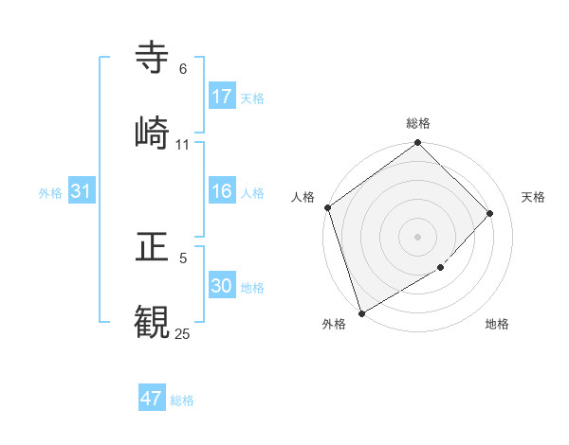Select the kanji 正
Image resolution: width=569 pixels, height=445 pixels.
pyautogui.click(x=153, y=247)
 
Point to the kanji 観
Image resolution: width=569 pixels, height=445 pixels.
pyautogui.click(x=153, y=320)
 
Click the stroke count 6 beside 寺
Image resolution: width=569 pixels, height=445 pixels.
pyautogui.click(x=183, y=69)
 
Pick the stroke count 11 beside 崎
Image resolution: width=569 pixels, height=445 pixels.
pyautogui.click(x=183, y=144)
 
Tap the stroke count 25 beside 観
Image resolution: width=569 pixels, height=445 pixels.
pyautogui.click(x=183, y=333)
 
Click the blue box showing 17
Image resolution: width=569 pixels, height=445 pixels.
pyautogui.click(x=222, y=97)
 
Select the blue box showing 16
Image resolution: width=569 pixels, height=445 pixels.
pyautogui.click(x=222, y=191)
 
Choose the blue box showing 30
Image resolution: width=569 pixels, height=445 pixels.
pyautogui.click(x=222, y=286)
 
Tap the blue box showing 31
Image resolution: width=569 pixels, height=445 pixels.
pyautogui.click(x=82, y=191)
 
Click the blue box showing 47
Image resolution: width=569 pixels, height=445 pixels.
pyautogui.click(x=152, y=399)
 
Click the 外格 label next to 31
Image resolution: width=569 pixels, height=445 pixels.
pyautogui.click(x=50, y=192)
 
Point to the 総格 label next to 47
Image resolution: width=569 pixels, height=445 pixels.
pyautogui.click(x=182, y=400)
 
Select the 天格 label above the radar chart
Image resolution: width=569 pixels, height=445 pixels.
pyautogui.click(x=533, y=197)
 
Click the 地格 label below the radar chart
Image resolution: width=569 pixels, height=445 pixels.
pyautogui.click(x=497, y=324)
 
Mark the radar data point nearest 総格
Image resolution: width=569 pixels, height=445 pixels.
pyautogui.click(x=417, y=144)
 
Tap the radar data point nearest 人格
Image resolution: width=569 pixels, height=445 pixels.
pyautogui.click(x=327, y=207)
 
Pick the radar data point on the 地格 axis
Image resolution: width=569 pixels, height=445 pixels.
pyautogui.click(x=441, y=268)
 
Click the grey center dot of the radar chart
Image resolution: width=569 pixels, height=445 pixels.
pyautogui.click(x=417, y=236)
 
